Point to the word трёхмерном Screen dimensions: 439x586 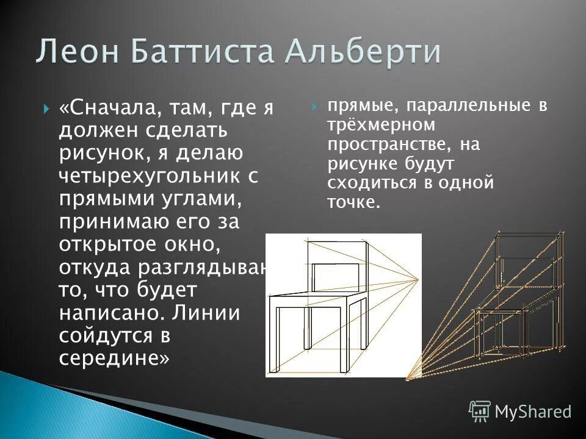click(381, 126)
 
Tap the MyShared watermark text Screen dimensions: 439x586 click(533, 412)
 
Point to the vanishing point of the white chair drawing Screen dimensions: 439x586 click(418, 280)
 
